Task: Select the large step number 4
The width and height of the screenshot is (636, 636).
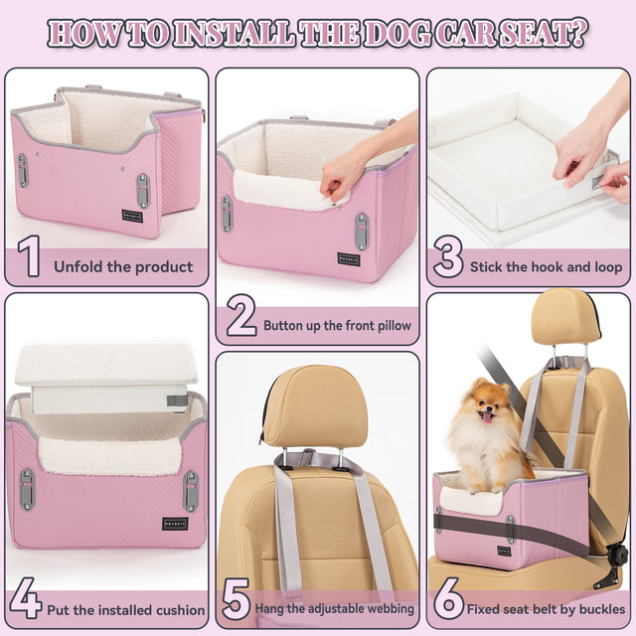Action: (26, 602)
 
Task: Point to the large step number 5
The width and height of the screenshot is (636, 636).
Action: (235, 602)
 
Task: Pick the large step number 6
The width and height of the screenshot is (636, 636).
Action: (448, 602)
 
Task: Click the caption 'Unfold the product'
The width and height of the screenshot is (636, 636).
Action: (122, 266)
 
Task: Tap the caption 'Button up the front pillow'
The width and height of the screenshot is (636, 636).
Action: (337, 325)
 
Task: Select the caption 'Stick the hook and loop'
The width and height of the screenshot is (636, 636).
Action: (546, 266)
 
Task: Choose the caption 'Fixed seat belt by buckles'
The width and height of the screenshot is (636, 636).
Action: (546, 608)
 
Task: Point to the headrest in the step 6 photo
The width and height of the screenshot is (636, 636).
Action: (564, 318)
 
